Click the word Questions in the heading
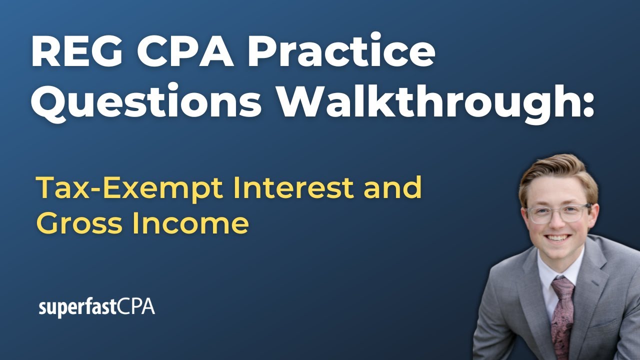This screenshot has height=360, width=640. pyautogui.click(x=146, y=102)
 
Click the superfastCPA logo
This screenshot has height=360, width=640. pyautogui.click(x=96, y=307)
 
